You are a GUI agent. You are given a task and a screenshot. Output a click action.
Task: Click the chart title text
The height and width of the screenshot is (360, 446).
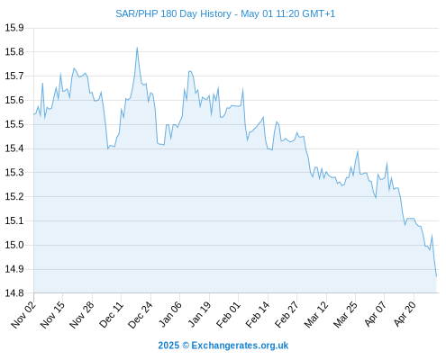[x=225, y=13]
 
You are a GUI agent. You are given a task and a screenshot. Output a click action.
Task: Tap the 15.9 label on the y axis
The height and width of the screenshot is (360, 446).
[x=14, y=28]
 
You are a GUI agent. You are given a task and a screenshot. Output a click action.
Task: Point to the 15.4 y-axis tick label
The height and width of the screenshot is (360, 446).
[x=14, y=148]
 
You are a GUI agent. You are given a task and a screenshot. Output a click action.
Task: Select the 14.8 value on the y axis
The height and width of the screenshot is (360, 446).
[x=14, y=293]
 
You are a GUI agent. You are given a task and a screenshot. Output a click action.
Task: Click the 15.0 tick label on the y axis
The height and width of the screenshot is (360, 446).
[x=14, y=245]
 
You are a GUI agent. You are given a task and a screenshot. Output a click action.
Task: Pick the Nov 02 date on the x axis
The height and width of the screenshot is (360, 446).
[x=23, y=314]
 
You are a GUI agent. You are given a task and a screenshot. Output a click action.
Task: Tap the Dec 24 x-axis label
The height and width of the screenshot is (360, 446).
[x=141, y=314]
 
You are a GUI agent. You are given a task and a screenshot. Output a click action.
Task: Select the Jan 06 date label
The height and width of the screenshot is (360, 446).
[x=170, y=314]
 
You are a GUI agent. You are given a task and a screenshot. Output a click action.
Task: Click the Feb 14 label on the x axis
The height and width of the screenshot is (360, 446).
[x=258, y=314]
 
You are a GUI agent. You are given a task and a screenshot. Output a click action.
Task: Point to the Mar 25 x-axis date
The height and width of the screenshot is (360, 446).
[x=345, y=314]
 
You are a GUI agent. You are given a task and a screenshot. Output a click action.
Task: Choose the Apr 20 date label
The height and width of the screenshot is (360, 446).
[x=405, y=314]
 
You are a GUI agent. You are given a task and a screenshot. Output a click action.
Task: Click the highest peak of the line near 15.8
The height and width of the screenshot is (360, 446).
[x=137, y=48]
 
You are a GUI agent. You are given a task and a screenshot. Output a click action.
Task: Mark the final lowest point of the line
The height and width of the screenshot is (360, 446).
[x=436, y=276]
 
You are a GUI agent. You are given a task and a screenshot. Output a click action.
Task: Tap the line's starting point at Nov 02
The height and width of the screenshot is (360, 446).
[x=34, y=114]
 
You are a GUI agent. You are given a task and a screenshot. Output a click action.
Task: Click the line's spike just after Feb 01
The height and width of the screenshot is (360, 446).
[x=242, y=89]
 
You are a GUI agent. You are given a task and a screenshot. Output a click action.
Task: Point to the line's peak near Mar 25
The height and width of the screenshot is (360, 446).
[x=358, y=151]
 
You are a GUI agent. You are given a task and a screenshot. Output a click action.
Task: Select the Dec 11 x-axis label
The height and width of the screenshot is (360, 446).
[x=111, y=314]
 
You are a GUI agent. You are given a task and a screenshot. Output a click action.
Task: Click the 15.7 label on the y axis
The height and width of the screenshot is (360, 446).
[x=14, y=76]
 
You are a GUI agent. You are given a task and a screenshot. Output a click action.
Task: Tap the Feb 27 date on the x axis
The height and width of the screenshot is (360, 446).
[x=287, y=314]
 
